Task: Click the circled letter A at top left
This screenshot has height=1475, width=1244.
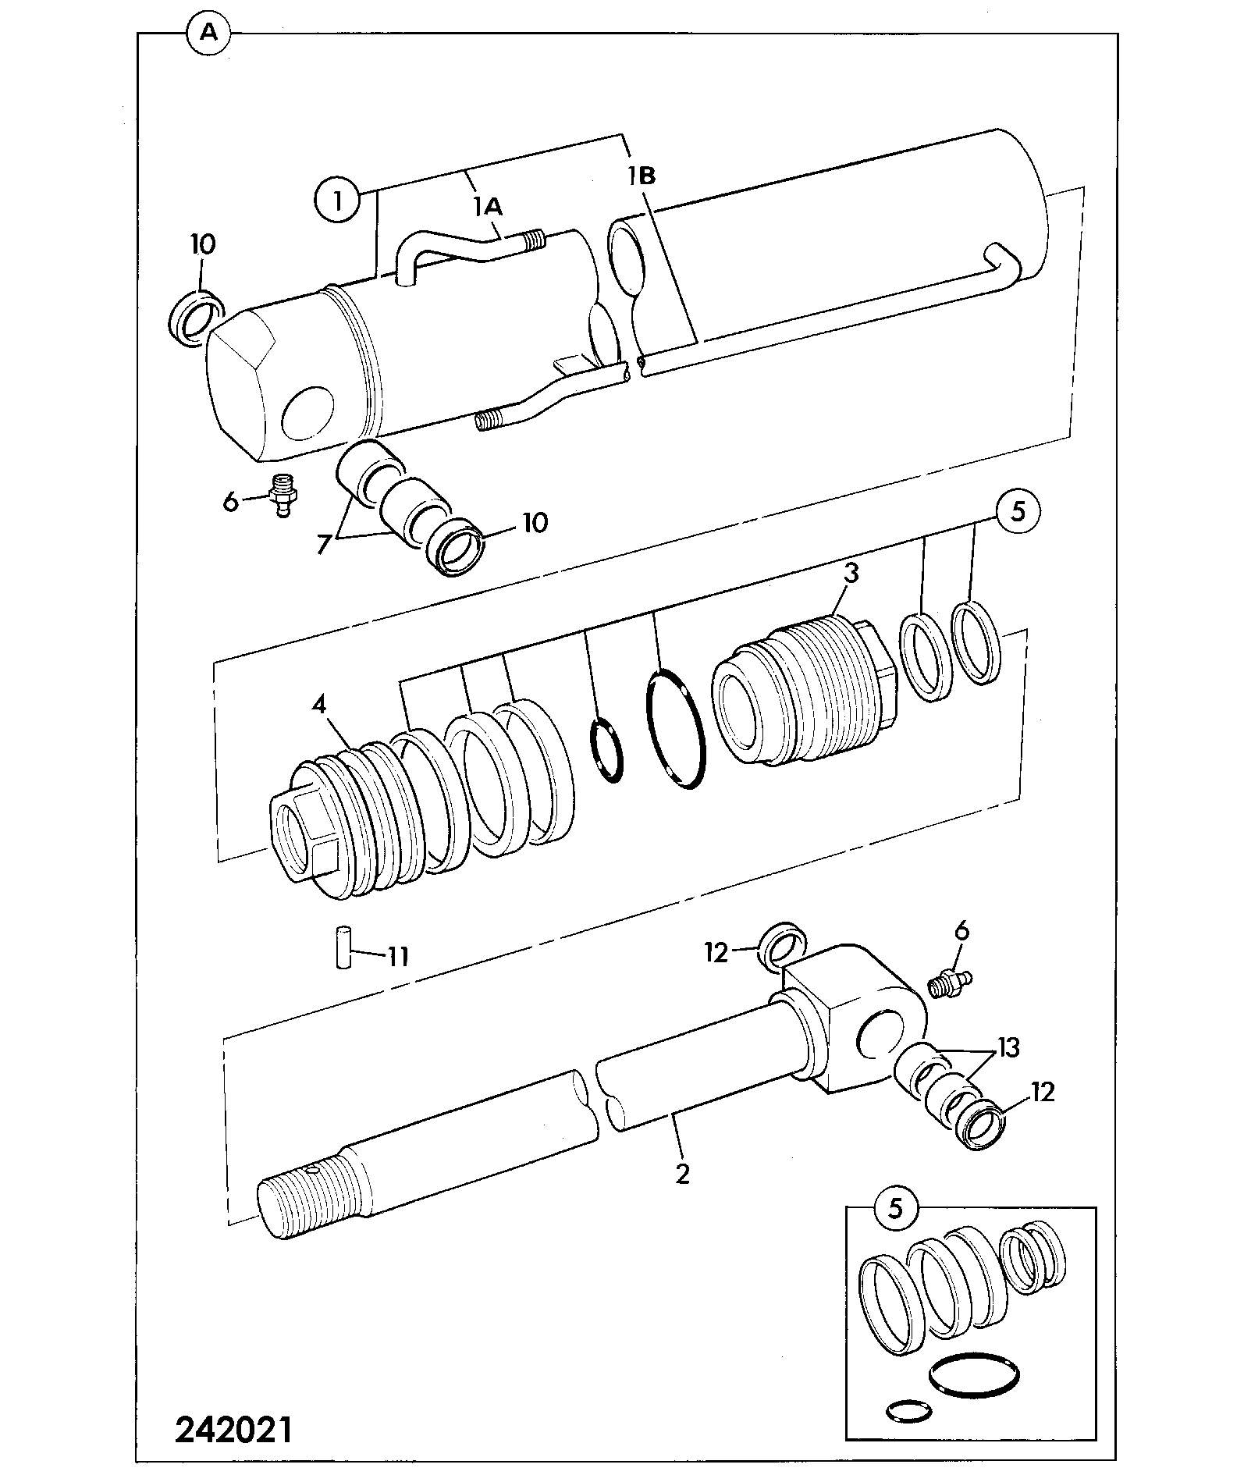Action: (208, 34)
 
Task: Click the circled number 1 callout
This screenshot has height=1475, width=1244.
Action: (337, 202)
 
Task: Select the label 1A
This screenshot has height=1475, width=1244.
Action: (487, 206)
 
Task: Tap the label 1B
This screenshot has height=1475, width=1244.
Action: (641, 176)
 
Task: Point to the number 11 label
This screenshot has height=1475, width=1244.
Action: (398, 956)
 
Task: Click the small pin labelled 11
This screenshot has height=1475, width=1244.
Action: (341, 947)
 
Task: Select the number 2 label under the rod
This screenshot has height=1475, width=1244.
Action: (683, 1174)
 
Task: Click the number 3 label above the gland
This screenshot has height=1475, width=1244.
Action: (851, 574)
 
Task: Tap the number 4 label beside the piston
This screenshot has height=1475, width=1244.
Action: (318, 706)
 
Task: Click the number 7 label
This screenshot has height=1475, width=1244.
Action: (324, 544)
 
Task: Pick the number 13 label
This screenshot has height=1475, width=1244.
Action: (1008, 1047)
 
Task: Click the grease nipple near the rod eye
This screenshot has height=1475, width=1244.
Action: (949, 982)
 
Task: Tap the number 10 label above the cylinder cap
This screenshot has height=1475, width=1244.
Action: (202, 244)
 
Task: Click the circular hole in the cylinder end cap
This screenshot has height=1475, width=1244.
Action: (307, 413)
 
